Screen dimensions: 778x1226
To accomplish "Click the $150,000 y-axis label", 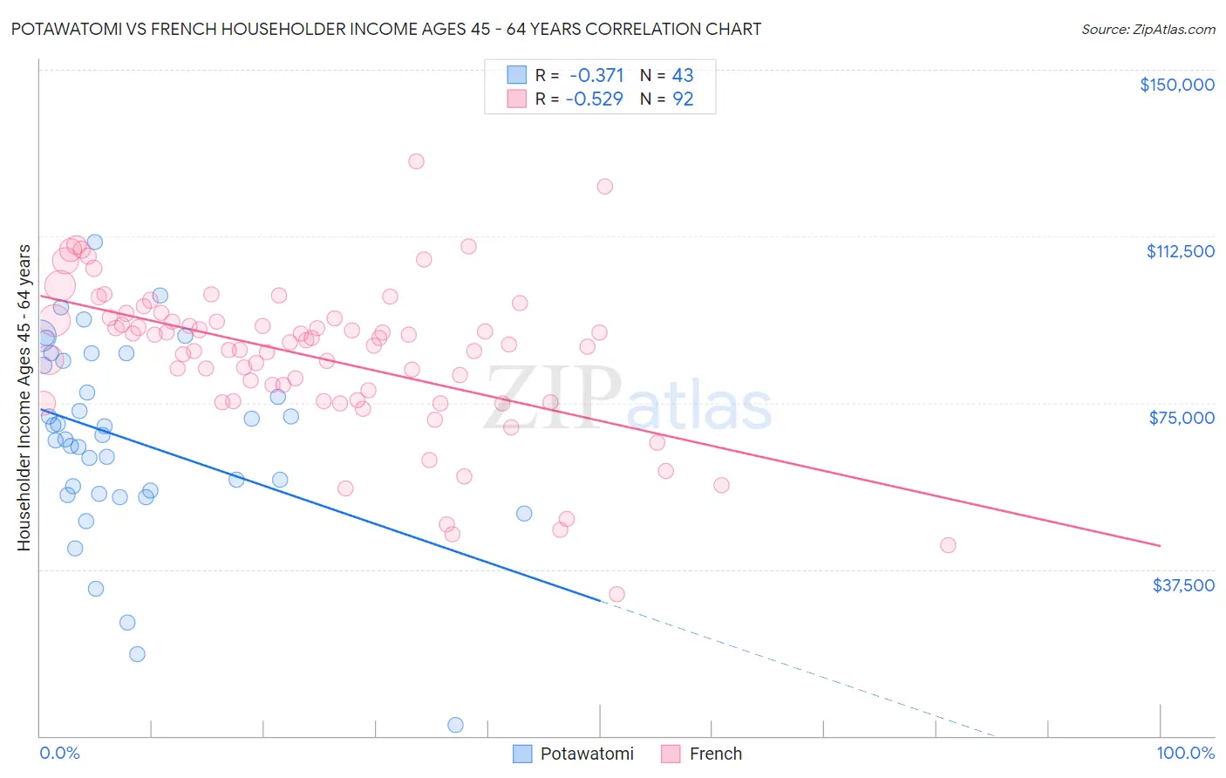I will [1176, 85].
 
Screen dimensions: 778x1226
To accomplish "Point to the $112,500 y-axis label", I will [1180, 251].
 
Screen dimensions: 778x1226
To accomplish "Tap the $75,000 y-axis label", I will [1181, 418].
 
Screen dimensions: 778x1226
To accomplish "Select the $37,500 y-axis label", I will [1182, 585].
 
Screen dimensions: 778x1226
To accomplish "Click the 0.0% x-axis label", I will [59, 754].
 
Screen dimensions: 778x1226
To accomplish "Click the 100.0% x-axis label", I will [1185, 754].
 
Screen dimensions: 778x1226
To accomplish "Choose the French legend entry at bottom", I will [701, 754].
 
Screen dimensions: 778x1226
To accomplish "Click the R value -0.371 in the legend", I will [596, 76].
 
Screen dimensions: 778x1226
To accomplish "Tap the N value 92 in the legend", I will [683, 99].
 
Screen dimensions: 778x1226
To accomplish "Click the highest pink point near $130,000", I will [416, 161].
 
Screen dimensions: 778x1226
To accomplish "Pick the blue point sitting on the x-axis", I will [455, 725].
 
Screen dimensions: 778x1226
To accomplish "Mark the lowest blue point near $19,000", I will [137, 654].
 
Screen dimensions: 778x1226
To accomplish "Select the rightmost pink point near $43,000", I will [948, 545].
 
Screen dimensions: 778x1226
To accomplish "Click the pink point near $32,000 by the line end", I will [616, 594].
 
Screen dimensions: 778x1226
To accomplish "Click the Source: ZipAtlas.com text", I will [1148, 30].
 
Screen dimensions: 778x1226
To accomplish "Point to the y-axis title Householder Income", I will [24, 397].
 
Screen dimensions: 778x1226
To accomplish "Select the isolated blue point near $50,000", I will [524, 514].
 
